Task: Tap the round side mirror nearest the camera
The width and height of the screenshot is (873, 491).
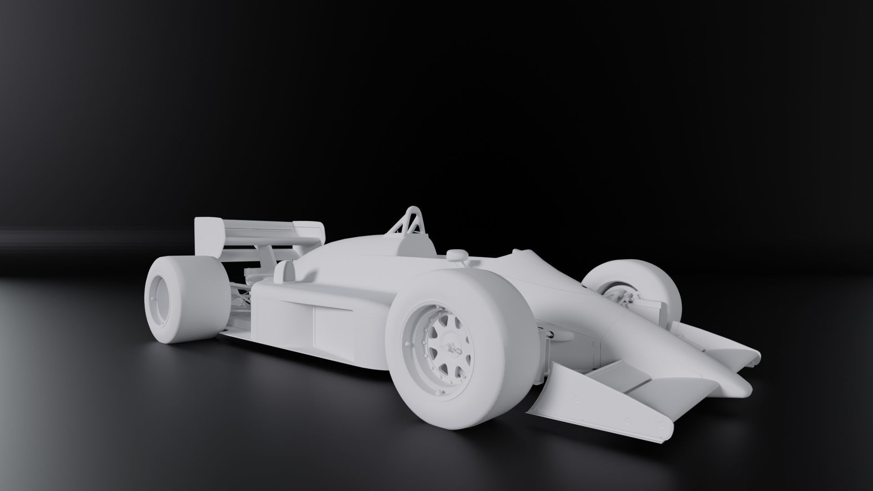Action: tap(456, 255)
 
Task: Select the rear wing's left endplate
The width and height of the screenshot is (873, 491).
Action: tap(207, 236)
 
